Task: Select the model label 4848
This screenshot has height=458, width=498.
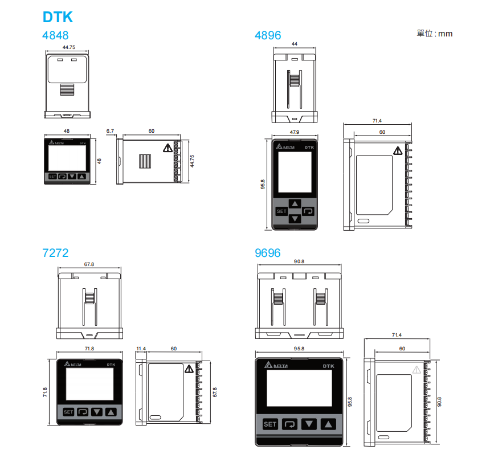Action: tap(55, 35)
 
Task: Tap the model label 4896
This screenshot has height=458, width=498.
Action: tap(268, 35)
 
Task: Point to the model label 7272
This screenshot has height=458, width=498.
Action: tap(55, 252)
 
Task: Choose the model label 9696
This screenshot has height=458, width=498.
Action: tap(268, 252)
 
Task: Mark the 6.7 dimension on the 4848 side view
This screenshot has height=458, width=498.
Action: tap(110, 131)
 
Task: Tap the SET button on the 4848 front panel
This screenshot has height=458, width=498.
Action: tap(52, 177)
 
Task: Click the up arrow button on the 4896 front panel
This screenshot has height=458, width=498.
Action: tap(295, 203)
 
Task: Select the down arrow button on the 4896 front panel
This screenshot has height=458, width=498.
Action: tap(295, 219)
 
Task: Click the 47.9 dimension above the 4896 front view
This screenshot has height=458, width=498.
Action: tap(295, 132)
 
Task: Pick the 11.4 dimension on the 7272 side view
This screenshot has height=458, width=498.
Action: tap(141, 348)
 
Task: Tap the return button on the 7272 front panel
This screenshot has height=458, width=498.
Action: tap(83, 411)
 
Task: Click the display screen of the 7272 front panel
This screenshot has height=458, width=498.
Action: tap(89, 383)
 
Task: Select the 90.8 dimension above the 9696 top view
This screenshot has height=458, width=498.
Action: tap(299, 261)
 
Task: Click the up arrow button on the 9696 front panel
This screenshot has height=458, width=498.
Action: tap(328, 424)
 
